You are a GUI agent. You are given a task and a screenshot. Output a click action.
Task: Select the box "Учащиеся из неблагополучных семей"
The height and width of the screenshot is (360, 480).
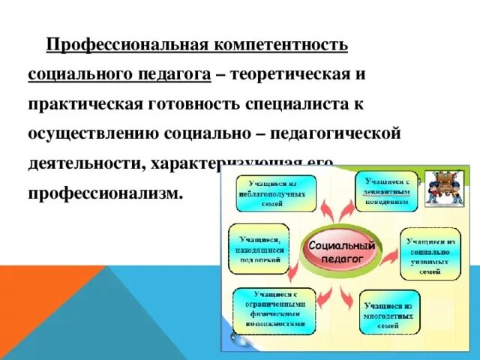[x=277, y=193]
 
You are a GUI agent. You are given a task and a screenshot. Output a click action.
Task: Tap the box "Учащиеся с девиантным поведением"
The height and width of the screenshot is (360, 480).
[x=387, y=191]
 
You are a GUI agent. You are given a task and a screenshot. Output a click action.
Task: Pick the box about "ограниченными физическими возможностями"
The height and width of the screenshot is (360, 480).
[x=274, y=310]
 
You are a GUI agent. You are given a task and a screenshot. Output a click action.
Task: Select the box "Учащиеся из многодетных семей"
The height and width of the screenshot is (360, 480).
[x=388, y=311]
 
